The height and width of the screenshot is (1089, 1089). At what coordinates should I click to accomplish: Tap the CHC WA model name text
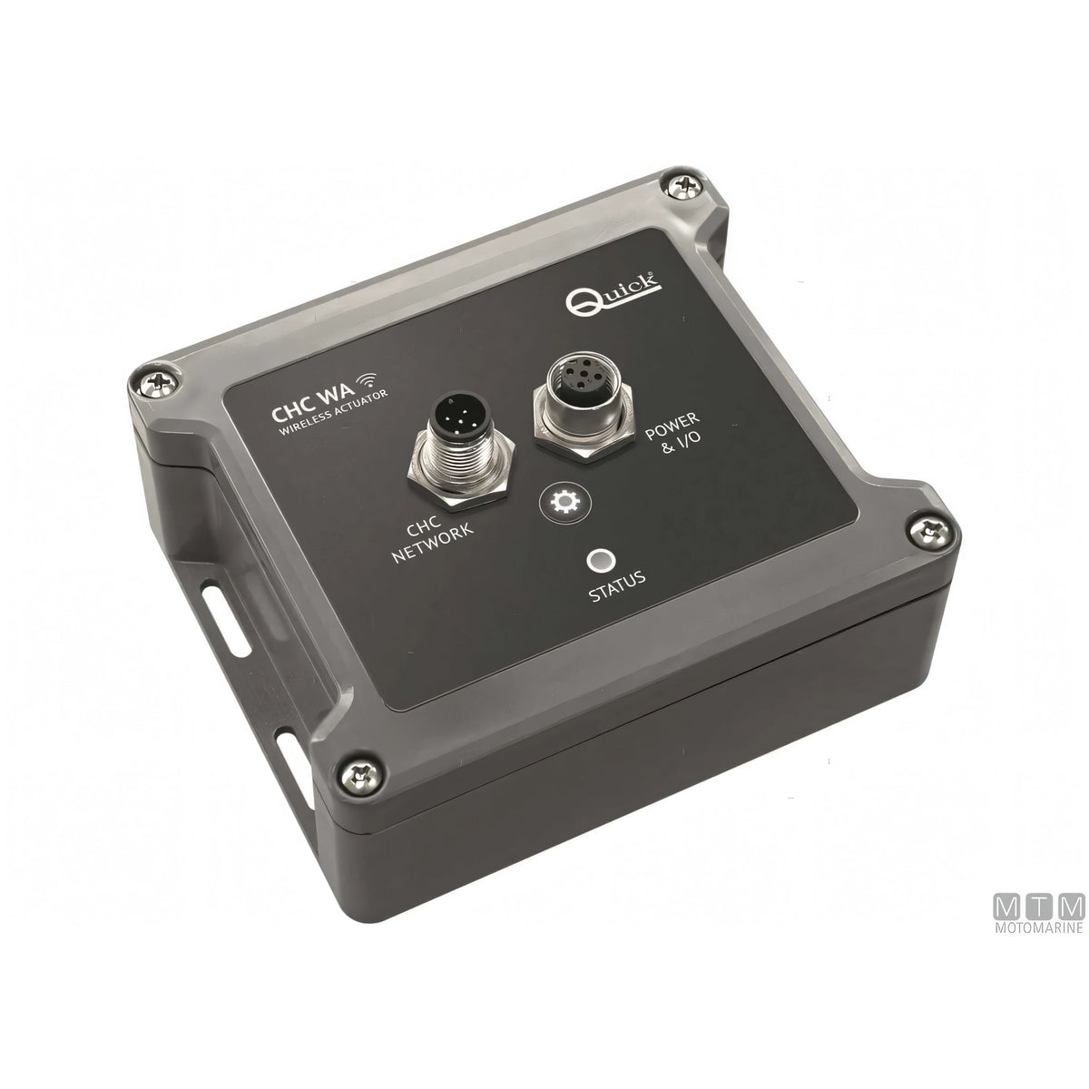[x=314, y=404]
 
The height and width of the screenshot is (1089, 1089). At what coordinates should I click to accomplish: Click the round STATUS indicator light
[x=600, y=561]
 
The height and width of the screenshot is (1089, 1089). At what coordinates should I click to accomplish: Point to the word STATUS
[x=617, y=585]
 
